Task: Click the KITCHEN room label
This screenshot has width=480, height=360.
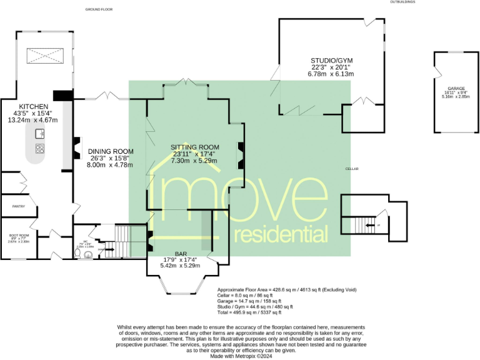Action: click(30, 107)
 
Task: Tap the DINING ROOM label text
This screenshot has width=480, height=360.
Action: click(111, 151)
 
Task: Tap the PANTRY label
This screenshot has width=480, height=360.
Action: click(12, 206)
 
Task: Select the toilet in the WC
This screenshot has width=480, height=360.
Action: click(78, 254)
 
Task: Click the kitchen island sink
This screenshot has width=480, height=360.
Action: click(39, 134)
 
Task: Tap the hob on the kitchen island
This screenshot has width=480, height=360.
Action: click(41, 149)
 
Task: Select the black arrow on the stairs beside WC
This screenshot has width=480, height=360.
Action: click(110, 250)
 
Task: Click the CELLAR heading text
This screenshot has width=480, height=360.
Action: click(353, 169)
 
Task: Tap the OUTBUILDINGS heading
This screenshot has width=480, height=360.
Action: click(402, 2)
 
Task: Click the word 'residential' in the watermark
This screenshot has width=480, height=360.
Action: click(281, 234)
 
